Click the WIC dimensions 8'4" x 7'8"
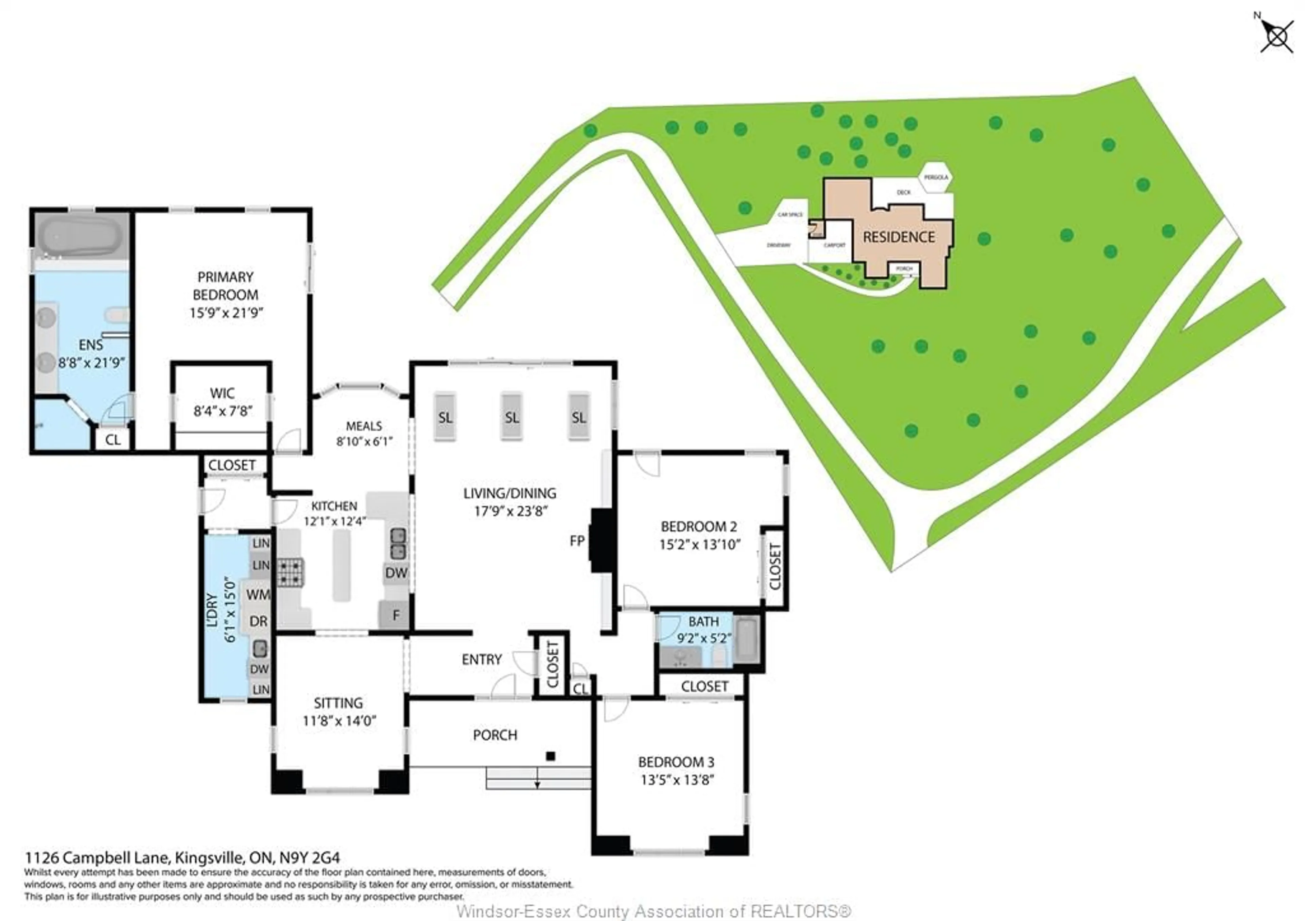tap(222, 411)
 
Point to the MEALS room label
tap(364, 426)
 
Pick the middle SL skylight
tap(511, 417)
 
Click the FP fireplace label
tap(577, 541)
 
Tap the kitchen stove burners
tap(291, 572)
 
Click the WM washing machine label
tap(258, 594)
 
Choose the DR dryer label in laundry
tap(258, 621)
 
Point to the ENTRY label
tap(482, 660)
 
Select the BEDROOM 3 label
tap(676, 762)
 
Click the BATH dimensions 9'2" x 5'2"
tap(704, 638)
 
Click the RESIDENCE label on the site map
tap(899, 237)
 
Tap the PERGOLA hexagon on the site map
tap(936, 178)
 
